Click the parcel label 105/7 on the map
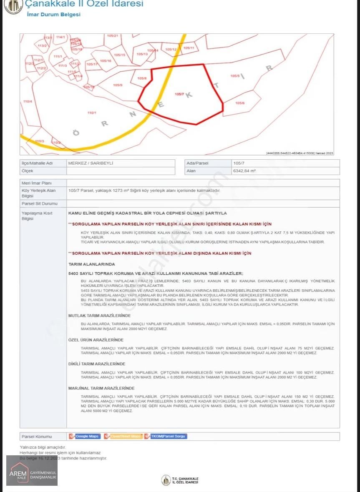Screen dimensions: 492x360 tap(179, 94)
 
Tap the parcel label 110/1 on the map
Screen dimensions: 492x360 tap(92, 113)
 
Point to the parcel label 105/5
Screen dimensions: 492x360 tap(235, 76)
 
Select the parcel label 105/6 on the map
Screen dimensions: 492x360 tap(240, 103)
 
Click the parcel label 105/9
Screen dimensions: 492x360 tap(118, 85)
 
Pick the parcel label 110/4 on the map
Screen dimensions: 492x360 tap(28, 101)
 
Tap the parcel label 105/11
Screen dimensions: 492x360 tap(189, 48)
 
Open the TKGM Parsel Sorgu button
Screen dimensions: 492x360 tap(166, 436)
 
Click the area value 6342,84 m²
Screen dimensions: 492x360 tap(244, 171)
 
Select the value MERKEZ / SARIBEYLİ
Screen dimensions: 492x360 tap(91, 163)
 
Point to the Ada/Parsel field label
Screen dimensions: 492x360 tap(197, 163)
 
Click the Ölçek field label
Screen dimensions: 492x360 tap(27, 171)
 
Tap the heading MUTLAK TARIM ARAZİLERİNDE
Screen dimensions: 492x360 tap(99, 316)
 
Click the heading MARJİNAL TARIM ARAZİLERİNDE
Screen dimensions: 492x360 tap(101, 388)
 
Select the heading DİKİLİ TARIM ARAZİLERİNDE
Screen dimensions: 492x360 tap(97, 364)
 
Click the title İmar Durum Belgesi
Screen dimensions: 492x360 tap(53, 15)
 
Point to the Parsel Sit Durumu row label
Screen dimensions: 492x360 tap(39, 203)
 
